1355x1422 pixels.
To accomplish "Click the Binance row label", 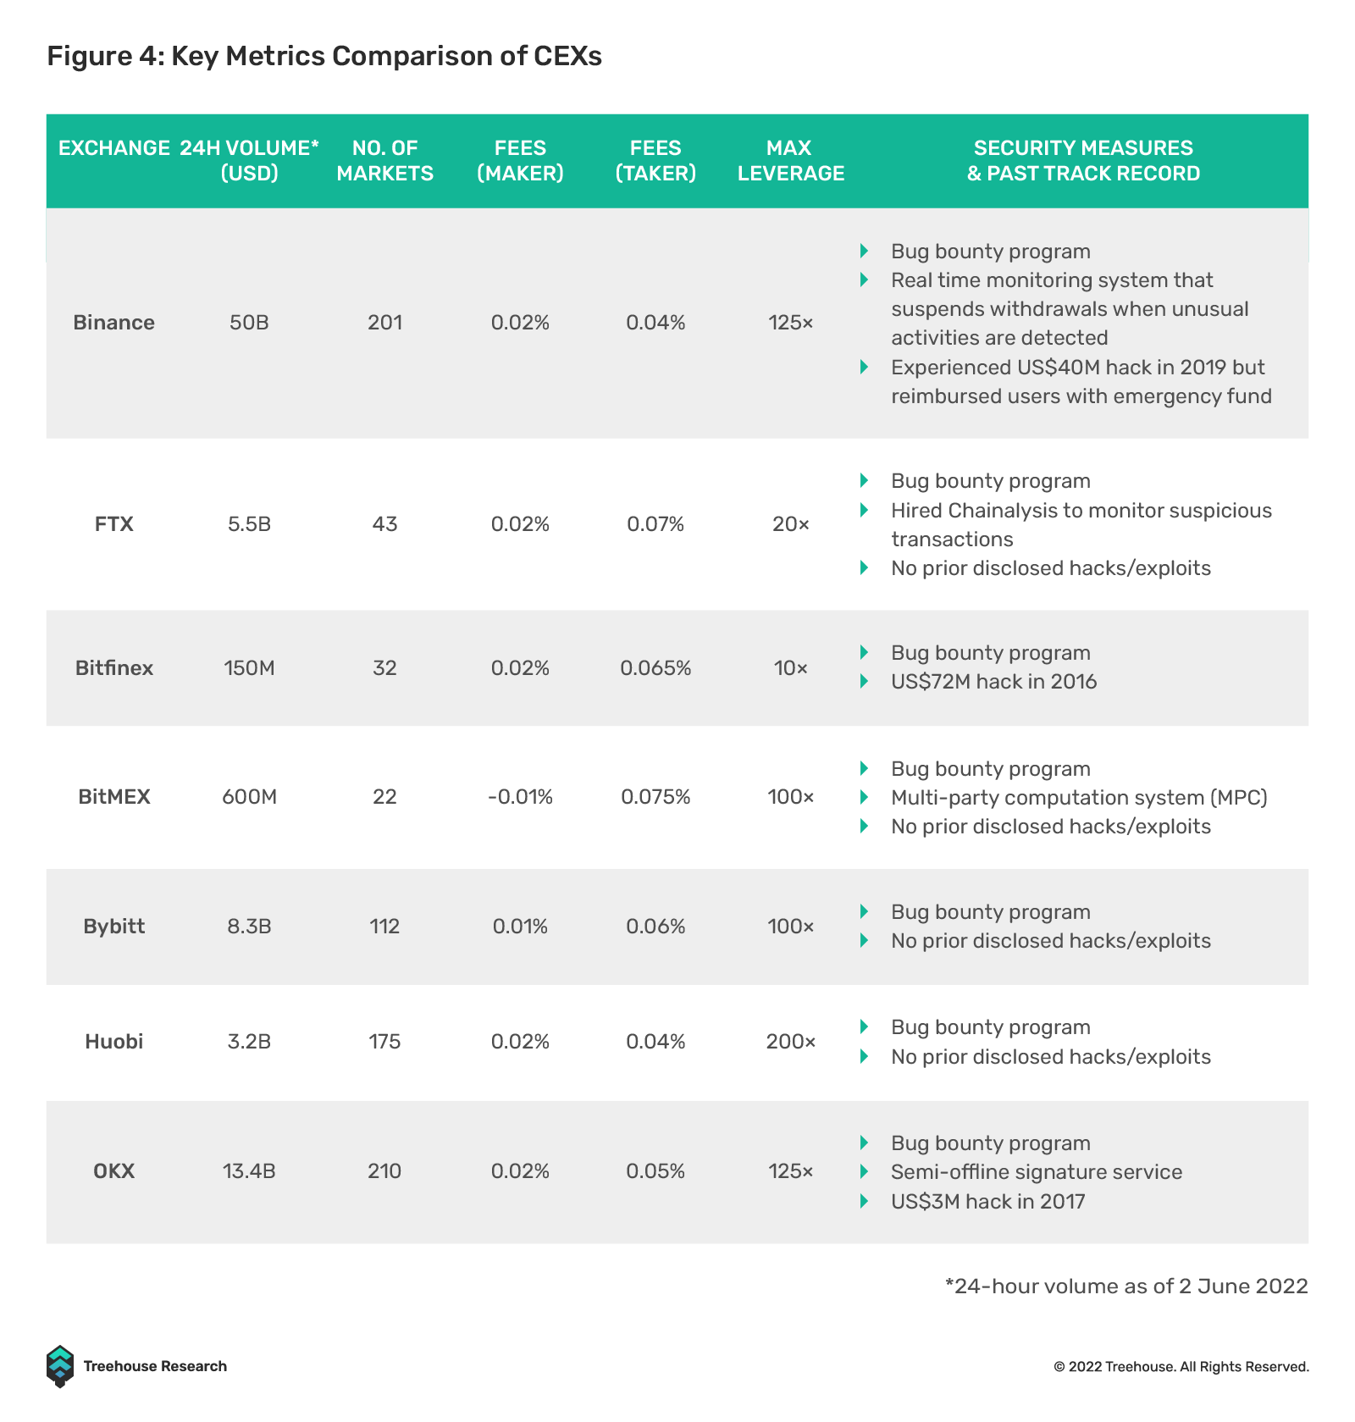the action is [113, 323].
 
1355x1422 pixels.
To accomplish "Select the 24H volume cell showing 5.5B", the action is [249, 524].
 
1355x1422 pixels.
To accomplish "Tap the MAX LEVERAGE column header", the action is [790, 161].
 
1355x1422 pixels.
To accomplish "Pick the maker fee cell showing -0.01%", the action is [520, 797].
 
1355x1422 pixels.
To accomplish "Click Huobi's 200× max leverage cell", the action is [790, 1042].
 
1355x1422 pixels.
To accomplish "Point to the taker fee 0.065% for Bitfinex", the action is [655, 668].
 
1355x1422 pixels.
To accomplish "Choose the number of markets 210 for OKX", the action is [384, 1171].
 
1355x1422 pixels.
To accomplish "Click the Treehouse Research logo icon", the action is [60, 1366].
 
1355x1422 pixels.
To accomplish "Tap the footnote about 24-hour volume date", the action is [1126, 1286].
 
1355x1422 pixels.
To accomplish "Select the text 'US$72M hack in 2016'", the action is [993, 682].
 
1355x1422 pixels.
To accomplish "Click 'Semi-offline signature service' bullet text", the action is [1037, 1172].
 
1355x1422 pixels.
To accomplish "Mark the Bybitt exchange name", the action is [113, 927].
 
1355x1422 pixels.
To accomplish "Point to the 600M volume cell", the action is [249, 797].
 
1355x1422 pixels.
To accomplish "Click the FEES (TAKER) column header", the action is [655, 161].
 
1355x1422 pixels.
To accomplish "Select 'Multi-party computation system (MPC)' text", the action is [1079, 798].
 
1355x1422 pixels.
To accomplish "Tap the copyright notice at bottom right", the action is [1181, 1367].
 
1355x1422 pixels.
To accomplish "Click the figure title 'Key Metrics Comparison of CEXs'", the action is [386, 56].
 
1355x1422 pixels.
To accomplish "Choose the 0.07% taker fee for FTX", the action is [655, 524].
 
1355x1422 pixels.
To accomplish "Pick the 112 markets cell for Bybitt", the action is [384, 927].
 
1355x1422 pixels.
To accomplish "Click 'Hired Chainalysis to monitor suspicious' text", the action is [1081, 511].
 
